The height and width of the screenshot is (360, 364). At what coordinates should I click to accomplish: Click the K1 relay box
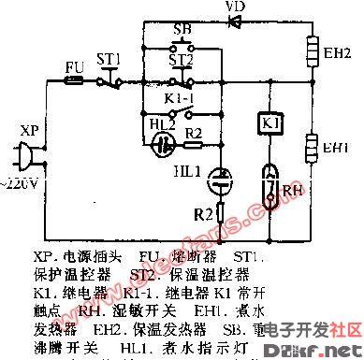click(265, 124)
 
